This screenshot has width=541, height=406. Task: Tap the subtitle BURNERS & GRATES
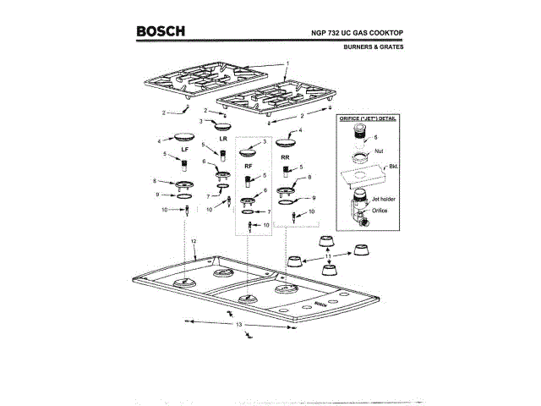click(374, 47)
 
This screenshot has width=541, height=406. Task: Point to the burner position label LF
click(185, 149)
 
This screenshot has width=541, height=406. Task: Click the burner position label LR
click(224, 138)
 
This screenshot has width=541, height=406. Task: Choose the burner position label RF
click(249, 167)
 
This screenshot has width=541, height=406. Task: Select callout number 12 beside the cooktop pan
click(194, 242)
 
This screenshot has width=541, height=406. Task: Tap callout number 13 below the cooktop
click(238, 325)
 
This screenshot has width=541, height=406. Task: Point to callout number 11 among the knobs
click(329, 255)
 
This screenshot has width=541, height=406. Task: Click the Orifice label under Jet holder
click(378, 210)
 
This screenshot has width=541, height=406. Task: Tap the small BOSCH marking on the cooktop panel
click(319, 302)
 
